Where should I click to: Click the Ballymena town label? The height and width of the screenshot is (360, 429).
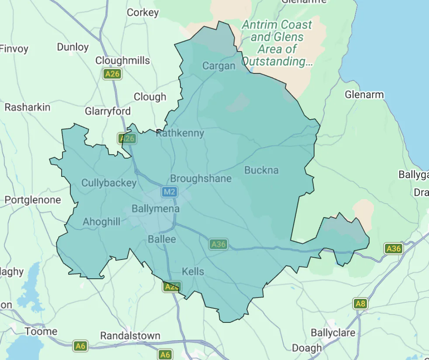click(x=156, y=209)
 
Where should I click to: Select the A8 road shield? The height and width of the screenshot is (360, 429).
click(x=360, y=304)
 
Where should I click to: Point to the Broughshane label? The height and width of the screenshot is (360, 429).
click(x=201, y=179)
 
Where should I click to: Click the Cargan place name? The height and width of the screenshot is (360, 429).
click(x=219, y=66)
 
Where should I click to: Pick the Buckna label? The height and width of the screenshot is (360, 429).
click(x=261, y=170)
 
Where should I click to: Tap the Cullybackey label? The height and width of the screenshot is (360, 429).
click(x=109, y=183)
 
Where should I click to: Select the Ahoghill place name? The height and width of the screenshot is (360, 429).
click(x=101, y=222)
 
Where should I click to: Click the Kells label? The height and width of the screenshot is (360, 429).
click(x=193, y=271)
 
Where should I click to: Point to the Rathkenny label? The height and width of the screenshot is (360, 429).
click(x=180, y=133)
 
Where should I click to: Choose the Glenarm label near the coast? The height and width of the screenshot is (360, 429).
click(x=364, y=95)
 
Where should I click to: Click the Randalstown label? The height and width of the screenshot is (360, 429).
click(x=130, y=336)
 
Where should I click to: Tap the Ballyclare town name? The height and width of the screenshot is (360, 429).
click(x=333, y=333)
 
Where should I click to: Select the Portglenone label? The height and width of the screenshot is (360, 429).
click(x=32, y=200)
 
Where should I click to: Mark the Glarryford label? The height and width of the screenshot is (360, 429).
click(x=107, y=111)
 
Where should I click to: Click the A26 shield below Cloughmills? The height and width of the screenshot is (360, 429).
click(x=112, y=74)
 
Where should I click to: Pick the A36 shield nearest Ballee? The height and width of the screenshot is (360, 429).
click(x=218, y=244)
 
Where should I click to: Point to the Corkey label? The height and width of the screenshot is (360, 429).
click(x=142, y=13)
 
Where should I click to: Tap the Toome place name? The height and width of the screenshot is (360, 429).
click(x=41, y=331)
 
